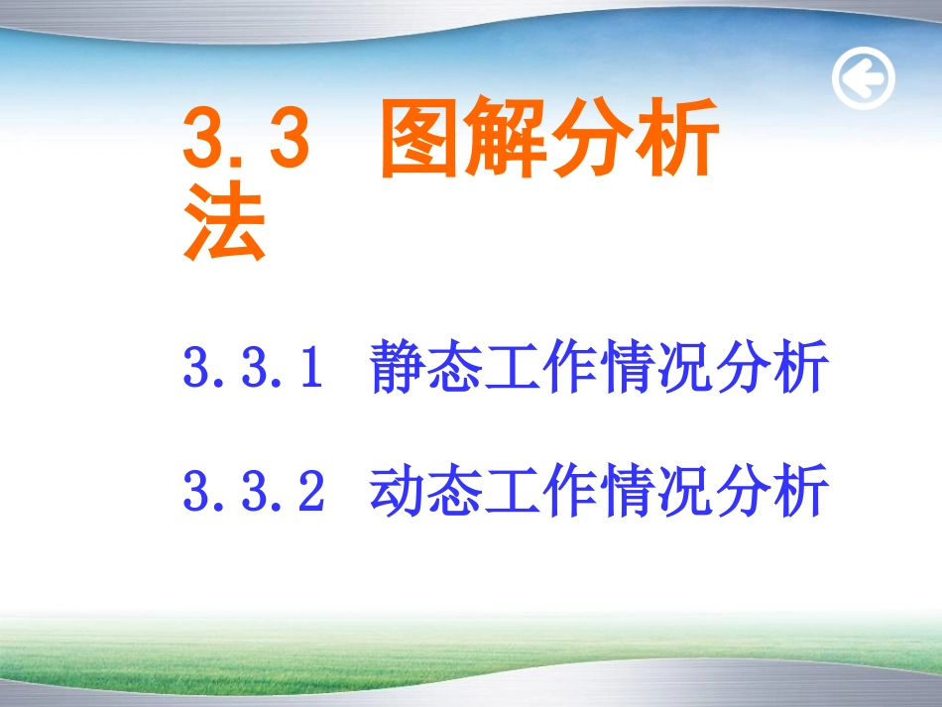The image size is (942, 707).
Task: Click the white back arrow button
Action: pyautogui.click(x=863, y=79)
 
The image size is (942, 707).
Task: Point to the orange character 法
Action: pyautogui.click(x=225, y=225)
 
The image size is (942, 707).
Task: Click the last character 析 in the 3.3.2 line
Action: pyautogui.click(x=799, y=492)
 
